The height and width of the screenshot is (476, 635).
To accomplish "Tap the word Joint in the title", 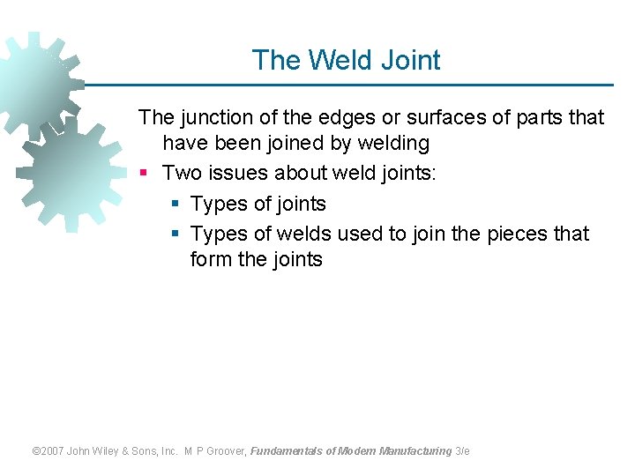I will tap(410, 60).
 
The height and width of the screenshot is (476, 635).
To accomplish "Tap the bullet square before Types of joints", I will tap(175, 205).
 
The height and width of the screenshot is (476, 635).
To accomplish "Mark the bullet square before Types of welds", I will tap(175, 234).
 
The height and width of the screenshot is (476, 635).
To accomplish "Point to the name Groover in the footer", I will tap(224, 451).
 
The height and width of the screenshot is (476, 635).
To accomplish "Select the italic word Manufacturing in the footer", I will tap(415, 451).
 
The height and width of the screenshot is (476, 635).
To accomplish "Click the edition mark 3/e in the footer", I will tap(462, 451).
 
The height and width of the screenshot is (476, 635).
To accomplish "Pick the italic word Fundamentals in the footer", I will tap(286, 451).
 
